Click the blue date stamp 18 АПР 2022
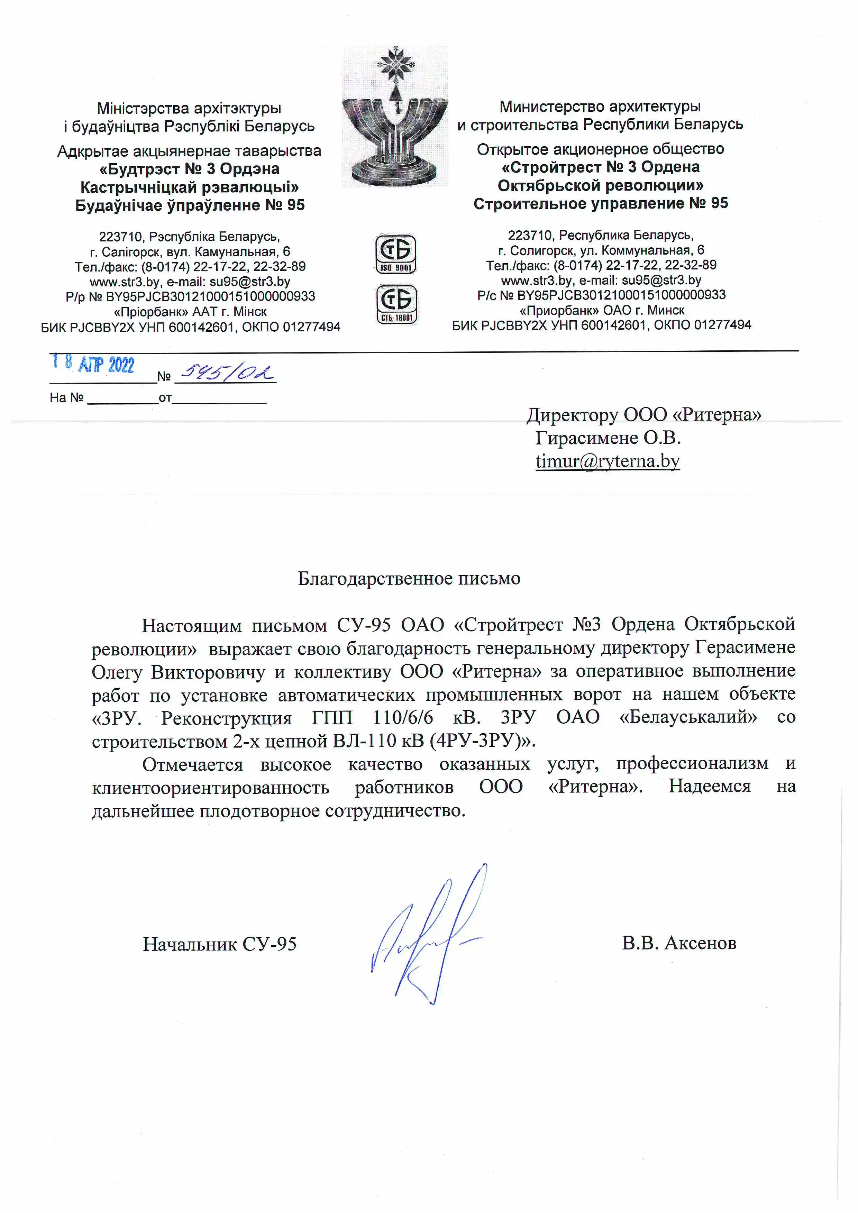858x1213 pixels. (x=93, y=364)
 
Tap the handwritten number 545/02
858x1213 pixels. (x=226, y=373)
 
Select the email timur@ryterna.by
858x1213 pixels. (x=608, y=461)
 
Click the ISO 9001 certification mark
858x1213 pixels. (x=396, y=254)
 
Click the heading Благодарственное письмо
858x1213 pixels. (x=409, y=579)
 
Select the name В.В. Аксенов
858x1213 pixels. (x=679, y=943)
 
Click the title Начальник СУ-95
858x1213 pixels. (x=220, y=944)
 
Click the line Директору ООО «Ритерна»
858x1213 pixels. (x=643, y=415)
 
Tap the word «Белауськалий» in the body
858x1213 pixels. (x=688, y=717)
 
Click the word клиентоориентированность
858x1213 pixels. (x=211, y=787)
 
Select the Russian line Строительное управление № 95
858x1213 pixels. (x=601, y=203)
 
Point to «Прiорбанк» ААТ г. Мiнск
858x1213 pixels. (x=190, y=312)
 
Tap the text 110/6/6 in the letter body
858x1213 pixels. (x=403, y=717)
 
